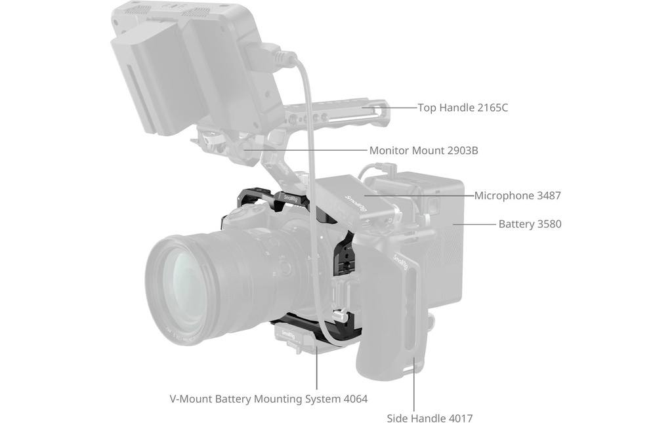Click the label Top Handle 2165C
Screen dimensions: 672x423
(463, 108)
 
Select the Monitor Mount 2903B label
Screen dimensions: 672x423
(423, 151)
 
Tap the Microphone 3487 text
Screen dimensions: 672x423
(517, 195)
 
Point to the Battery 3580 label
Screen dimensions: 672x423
(530, 224)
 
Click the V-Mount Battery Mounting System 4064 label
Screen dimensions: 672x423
(268, 399)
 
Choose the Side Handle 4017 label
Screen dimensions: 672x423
(429, 418)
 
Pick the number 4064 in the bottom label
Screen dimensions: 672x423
(355, 399)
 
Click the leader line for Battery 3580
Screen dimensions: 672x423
(474, 224)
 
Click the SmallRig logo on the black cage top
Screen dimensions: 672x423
(291, 198)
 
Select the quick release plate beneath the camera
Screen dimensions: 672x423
(296, 338)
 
